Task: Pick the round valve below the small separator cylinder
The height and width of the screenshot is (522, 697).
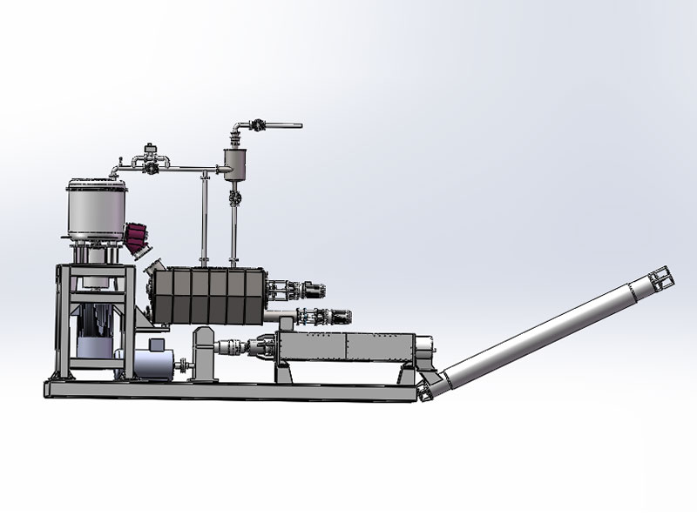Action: tap(234, 198)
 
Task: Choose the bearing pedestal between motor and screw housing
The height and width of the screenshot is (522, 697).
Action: tap(204, 352)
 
